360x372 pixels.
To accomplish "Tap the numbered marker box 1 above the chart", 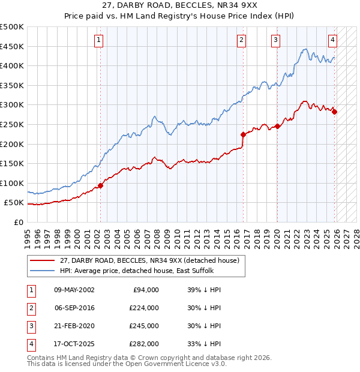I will (x=98, y=40).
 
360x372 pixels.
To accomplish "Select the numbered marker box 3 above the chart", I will (x=275, y=40).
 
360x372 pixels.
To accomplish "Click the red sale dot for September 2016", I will (x=243, y=135).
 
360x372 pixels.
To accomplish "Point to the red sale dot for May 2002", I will (x=100, y=185).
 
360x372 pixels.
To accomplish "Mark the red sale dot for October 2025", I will (x=334, y=112).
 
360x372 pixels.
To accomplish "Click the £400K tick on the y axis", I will (x=12, y=65).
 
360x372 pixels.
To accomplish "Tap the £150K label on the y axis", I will (x=12, y=163).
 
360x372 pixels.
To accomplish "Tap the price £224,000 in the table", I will (x=144, y=307).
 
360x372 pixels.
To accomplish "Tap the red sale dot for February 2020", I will (x=277, y=126).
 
